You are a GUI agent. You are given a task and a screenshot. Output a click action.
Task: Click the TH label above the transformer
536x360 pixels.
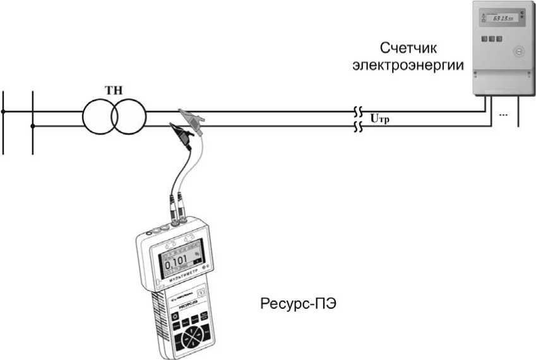tap(114, 90)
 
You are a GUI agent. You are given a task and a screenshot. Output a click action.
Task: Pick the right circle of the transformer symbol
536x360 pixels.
tap(129, 117)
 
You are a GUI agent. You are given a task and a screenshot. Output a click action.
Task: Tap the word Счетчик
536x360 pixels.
tap(408, 49)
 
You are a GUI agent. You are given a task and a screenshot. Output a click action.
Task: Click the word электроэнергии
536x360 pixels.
tap(408, 65)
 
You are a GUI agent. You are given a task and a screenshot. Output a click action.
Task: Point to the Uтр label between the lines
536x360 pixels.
tap(380, 118)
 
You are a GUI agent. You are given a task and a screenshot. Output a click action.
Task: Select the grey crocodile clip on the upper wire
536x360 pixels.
tap(189, 115)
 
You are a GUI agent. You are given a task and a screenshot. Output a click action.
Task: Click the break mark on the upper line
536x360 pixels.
tap(357, 111)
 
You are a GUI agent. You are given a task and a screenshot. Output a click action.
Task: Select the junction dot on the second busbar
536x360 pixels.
tap(32, 126)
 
